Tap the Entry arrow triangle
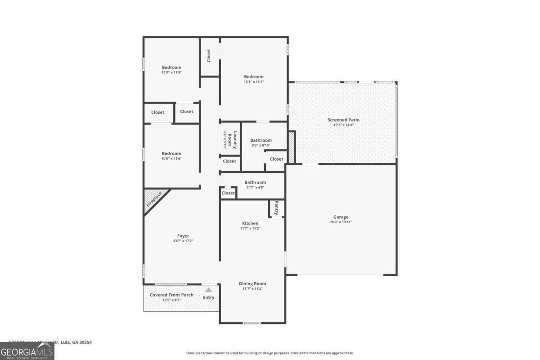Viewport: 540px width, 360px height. [208, 290]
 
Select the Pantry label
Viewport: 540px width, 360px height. [276, 207]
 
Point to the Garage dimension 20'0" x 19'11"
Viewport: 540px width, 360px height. [341, 222]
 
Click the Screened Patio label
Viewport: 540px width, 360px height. [343, 120]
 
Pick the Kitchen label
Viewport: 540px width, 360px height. [250, 223]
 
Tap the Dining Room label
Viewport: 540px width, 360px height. [252, 283]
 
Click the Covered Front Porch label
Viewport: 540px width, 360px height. [171, 295]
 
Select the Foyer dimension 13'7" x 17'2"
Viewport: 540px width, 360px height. [183, 241]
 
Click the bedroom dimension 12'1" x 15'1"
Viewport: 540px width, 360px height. [253, 82]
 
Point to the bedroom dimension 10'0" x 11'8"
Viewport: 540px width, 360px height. [171, 72]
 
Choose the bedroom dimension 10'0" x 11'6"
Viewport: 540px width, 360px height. [171, 158]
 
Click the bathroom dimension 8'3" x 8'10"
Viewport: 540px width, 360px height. [261, 145]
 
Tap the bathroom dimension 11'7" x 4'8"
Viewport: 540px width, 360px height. [255, 187]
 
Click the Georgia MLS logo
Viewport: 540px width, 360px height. [27, 351]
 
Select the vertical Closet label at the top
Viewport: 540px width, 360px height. [209, 55]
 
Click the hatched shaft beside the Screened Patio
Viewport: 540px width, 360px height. [291, 147]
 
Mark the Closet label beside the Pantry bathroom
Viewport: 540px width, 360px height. [228, 193]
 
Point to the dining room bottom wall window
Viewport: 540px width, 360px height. [252, 323]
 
